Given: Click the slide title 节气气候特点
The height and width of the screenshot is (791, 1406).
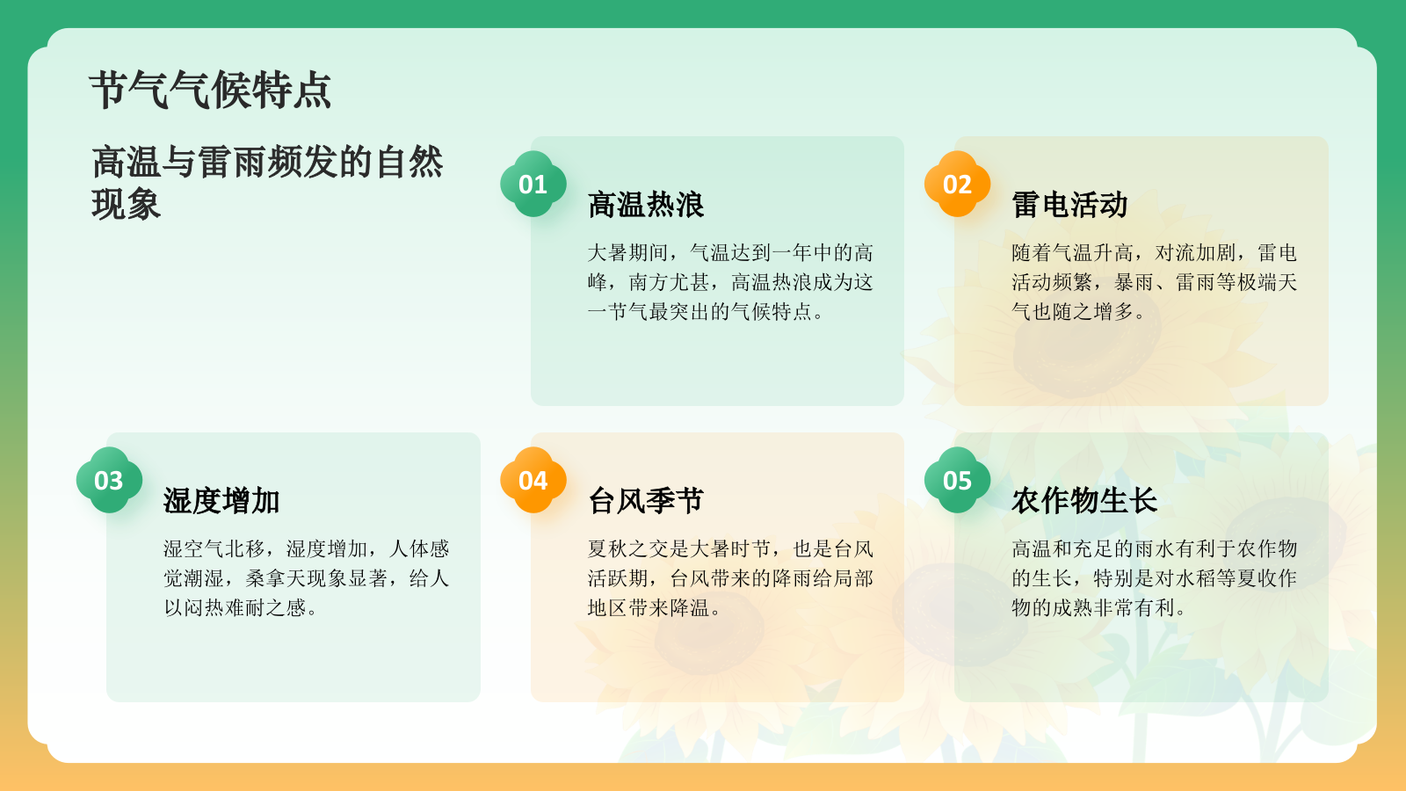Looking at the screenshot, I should tap(210, 91).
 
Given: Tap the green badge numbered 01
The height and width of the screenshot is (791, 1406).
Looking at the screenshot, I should tap(533, 185).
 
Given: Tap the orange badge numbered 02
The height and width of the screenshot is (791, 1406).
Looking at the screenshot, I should tap(957, 185).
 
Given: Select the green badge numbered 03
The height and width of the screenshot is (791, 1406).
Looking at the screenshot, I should tap(109, 481).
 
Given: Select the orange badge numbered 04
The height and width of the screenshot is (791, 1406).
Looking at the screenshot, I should tap(533, 481).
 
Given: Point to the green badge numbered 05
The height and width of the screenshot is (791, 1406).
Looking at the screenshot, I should tap(957, 481).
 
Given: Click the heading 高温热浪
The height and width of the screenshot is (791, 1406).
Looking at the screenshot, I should tap(646, 205).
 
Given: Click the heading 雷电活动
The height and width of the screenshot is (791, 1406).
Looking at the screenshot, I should tap(1069, 205).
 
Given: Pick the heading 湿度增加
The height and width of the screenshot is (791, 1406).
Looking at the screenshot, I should tap(221, 501).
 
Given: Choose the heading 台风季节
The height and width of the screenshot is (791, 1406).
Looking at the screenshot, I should tap(646, 501).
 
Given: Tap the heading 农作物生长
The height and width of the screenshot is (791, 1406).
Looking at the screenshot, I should tap(1084, 501).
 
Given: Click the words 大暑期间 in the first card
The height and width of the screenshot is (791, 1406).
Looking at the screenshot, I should tap(627, 253).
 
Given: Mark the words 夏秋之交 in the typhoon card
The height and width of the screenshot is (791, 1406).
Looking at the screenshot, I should tap(627, 549).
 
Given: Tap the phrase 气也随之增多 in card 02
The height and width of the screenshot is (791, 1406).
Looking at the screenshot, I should tap(1072, 312).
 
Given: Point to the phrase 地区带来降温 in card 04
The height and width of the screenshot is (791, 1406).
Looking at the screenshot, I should tap(649, 608).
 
